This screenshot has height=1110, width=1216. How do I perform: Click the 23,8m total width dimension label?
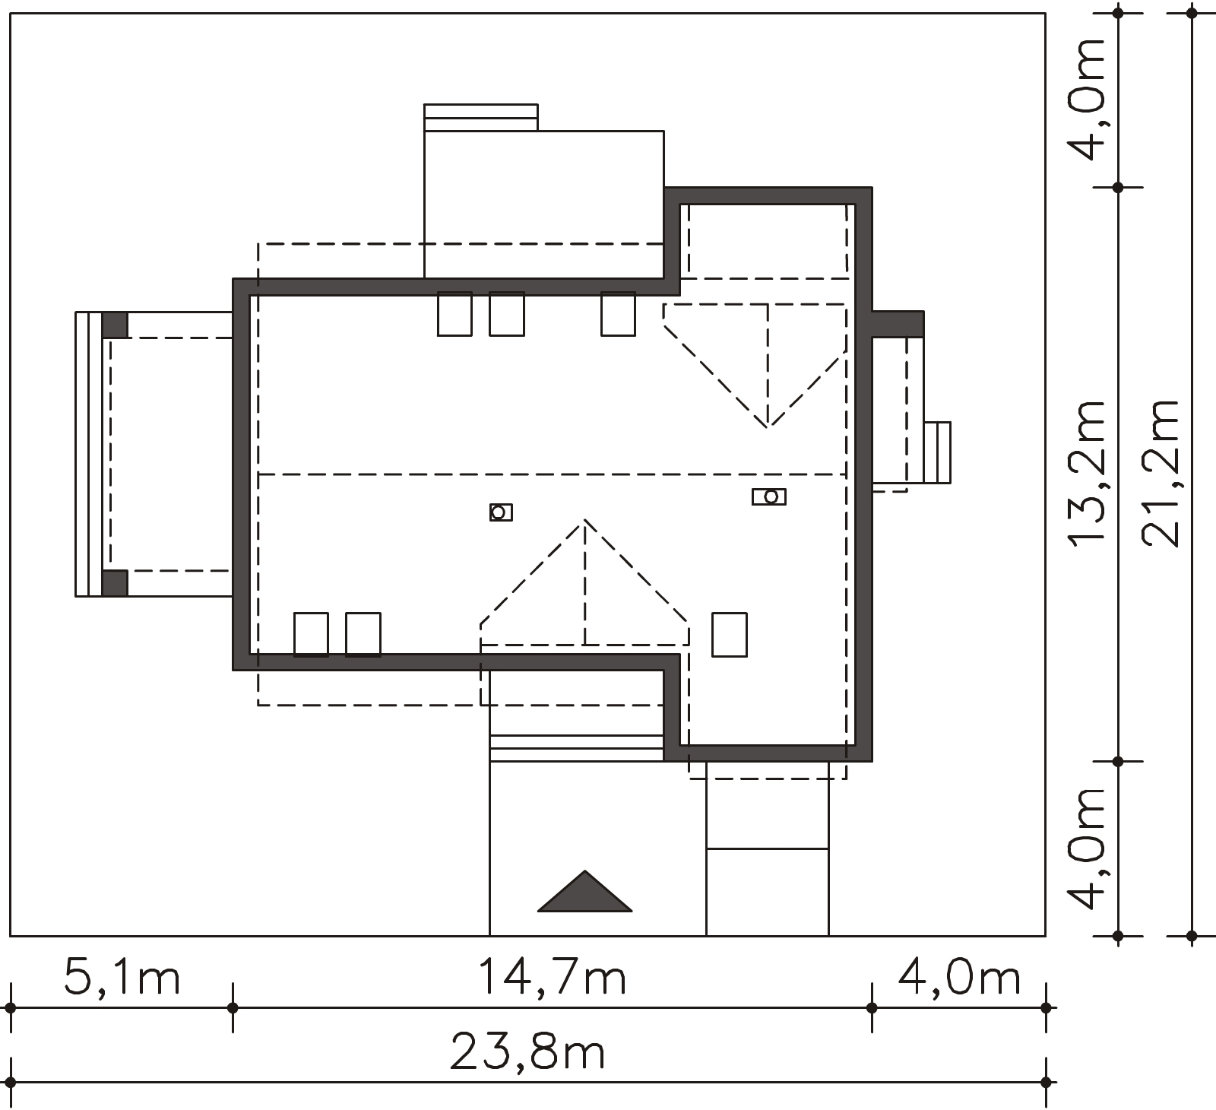coord(527,1052)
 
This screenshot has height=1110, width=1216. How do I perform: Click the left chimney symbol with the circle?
coord(501,512)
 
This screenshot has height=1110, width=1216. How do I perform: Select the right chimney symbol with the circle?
coord(769,496)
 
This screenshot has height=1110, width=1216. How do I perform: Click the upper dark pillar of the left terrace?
coord(115,325)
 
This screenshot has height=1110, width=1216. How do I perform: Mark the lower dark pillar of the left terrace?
coord(115,583)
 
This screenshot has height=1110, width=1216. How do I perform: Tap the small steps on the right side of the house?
coord(937,452)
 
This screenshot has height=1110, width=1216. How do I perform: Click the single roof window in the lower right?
coord(729,635)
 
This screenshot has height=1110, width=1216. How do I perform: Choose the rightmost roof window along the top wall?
coord(618,314)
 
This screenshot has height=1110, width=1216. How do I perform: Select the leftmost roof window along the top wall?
coord(454,314)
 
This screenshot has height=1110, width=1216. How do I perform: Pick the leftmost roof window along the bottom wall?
coord(311,634)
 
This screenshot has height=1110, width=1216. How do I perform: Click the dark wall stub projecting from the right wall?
coord(898,325)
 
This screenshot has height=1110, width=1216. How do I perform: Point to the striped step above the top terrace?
coord(481,117)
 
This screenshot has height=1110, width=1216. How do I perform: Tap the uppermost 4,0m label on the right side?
coord(1085,99)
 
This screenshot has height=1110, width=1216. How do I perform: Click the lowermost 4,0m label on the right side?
coord(1085,848)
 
